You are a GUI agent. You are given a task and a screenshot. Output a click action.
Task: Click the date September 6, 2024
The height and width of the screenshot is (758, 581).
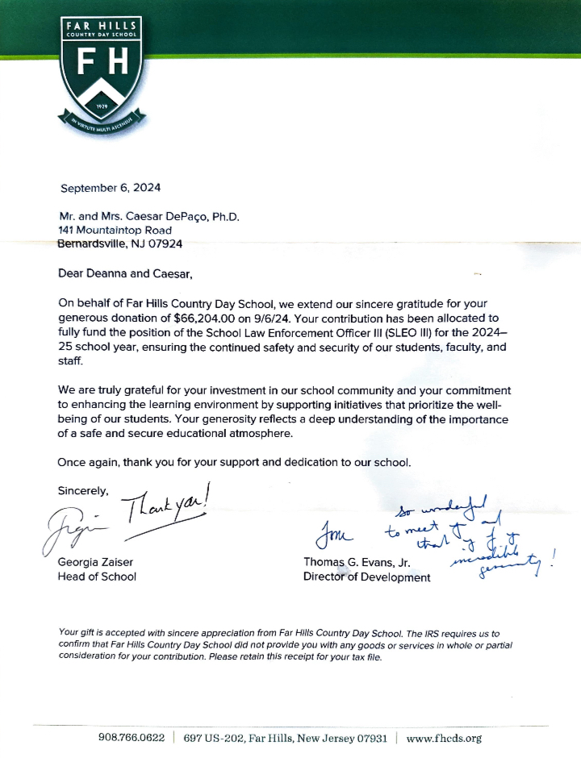coord(111,188)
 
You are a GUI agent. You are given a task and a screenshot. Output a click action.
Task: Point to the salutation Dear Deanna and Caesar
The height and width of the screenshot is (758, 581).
coord(125,274)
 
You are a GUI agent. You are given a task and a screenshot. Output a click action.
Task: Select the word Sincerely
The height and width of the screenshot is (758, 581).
coord(82,489)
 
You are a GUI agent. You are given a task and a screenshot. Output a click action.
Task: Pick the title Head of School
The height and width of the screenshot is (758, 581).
coord(97,576)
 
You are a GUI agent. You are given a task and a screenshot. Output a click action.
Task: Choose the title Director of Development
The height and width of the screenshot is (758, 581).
coord(366,577)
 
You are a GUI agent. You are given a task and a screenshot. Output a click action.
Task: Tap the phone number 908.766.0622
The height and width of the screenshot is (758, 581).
coord(132,738)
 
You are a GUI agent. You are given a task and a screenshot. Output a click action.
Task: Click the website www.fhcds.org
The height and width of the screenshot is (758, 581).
coord(444,738)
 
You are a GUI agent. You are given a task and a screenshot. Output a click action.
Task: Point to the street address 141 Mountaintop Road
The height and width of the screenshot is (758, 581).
coord(115,230)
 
